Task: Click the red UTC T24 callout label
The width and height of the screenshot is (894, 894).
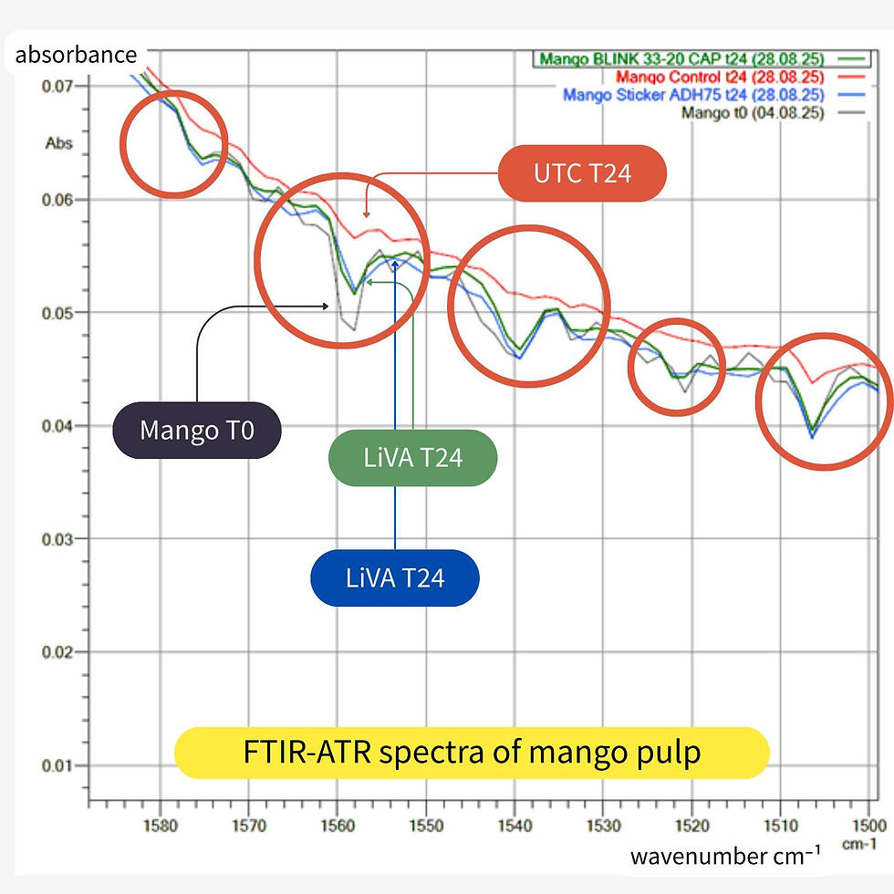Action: [x=582, y=173]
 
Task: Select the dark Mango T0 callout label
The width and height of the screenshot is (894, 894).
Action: [x=196, y=430]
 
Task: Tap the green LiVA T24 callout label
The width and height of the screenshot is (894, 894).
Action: [x=412, y=458]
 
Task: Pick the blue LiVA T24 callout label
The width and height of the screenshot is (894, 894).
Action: [x=394, y=577]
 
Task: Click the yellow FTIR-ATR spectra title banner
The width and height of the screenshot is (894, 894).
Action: [x=472, y=753]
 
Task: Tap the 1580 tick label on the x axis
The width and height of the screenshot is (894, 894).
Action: [x=160, y=826]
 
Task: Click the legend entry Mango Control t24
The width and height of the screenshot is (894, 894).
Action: [x=721, y=77]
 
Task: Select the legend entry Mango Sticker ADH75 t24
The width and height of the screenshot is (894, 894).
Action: [x=693, y=95]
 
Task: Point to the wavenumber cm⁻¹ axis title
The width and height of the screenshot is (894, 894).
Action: [x=724, y=856]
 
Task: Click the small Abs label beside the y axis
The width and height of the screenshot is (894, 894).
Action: [x=59, y=143]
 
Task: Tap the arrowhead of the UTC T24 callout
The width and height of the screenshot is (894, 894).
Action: [x=366, y=213]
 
